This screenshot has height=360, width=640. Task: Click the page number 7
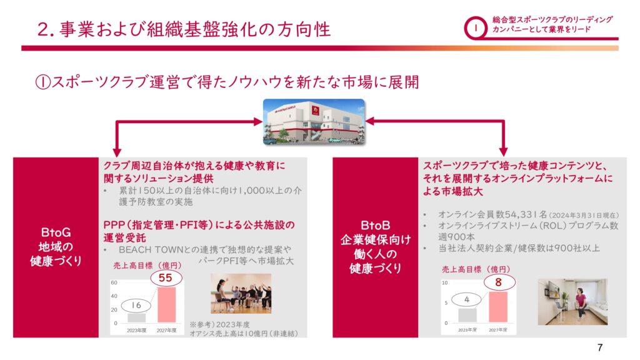(x=600, y=347)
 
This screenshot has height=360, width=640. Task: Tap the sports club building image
(x=314, y=122)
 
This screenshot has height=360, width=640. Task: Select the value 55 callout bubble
(x=165, y=278)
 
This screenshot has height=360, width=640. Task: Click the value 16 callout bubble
(x=136, y=305)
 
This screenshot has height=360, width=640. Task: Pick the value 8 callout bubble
(x=498, y=282)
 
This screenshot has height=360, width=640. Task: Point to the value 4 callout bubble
(x=466, y=299)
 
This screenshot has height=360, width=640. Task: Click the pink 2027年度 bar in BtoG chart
(x=166, y=305)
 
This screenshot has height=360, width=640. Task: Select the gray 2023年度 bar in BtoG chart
(x=136, y=318)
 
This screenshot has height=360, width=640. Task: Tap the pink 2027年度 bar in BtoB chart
(x=498, y=307)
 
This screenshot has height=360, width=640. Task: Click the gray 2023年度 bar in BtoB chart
(x=467, y=315)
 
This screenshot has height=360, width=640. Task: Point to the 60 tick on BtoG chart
(x=114, y=282)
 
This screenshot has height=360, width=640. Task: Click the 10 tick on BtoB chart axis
(x=444, y=282)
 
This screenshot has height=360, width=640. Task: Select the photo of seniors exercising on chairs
(x=241, y=294)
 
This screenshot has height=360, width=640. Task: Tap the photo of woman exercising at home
(x=572, y=302)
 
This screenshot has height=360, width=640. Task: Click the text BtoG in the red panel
(x=56, y=232)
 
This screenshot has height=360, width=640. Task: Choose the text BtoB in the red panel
(x=375, y=225)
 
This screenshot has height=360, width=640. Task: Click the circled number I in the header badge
(x=475, y=28)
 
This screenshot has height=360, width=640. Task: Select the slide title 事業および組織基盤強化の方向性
(x=195, y=29)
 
